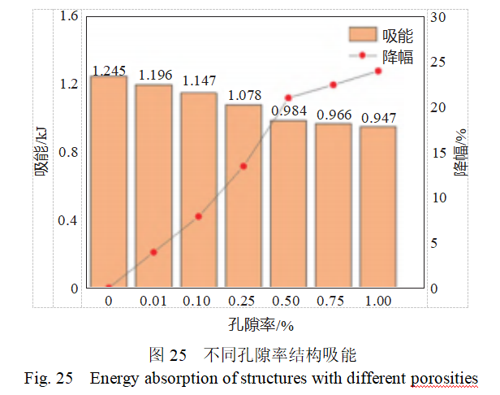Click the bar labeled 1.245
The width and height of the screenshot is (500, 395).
109,182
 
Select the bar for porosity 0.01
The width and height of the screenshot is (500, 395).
154,186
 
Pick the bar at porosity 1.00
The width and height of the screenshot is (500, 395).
378,207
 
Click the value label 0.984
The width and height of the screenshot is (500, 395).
288,111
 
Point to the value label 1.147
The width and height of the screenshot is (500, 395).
199,81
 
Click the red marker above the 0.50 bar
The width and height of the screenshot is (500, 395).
288,98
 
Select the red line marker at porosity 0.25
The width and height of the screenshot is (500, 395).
244,166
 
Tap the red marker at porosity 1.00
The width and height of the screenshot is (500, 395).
378,72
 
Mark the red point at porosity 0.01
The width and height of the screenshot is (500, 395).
153,252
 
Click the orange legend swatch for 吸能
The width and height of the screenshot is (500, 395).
363,35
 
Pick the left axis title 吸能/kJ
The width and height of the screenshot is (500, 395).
41,154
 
